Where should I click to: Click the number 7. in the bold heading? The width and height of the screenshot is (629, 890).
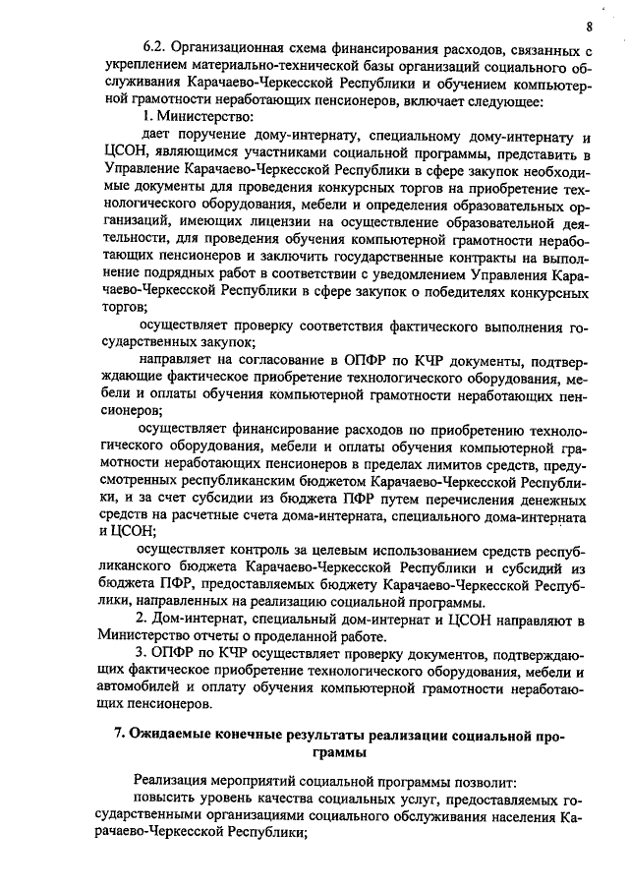coord(119,734)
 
